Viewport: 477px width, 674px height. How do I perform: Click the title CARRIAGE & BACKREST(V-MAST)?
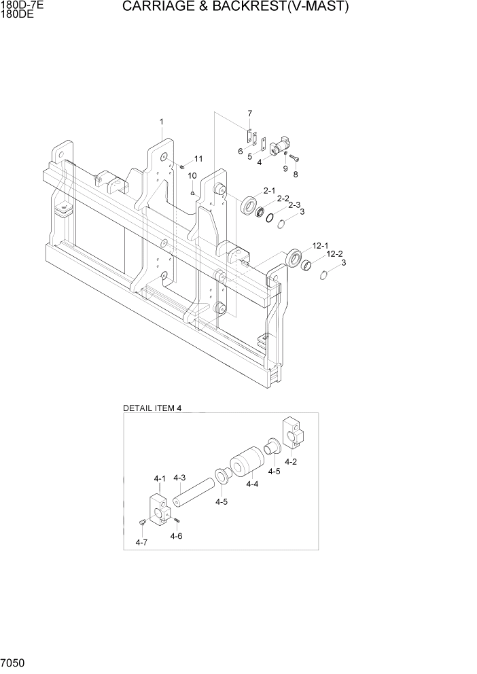point(236,7)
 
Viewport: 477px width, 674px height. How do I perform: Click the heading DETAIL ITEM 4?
point(153,408)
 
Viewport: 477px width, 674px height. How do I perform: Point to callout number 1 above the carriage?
point(162,122)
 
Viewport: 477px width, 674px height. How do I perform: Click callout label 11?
point(198,159)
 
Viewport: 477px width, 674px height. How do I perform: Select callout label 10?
point(192,176)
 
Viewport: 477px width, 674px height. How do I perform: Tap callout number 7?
point(249,113)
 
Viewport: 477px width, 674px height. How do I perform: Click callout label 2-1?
point(269,191)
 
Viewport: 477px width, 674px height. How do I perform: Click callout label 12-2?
point(334,254)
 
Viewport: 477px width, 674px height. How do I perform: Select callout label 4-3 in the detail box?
point(179,478)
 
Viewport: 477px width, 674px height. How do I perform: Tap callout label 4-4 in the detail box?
point(251,484)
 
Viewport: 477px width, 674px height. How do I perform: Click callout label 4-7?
point(141,542)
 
